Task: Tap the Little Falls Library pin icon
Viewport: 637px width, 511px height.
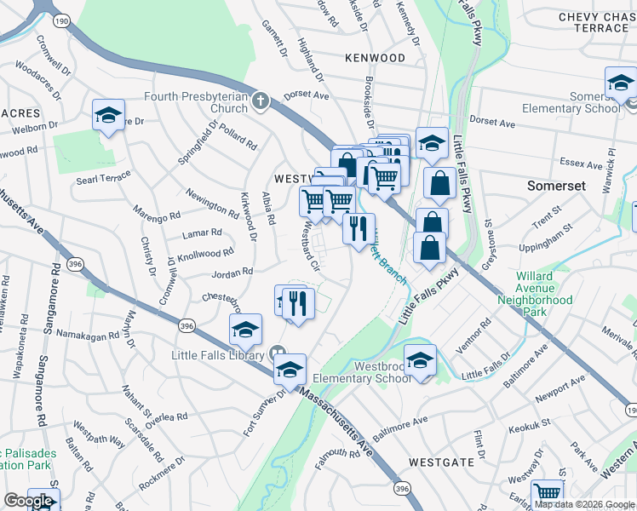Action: [277, 352]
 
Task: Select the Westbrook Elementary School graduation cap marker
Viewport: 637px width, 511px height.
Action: [420, 360]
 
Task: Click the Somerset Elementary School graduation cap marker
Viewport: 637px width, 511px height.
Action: [621, 83]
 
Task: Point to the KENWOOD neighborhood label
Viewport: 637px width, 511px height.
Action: [375, 58]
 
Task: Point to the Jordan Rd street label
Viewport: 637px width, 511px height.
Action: [232, 273]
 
